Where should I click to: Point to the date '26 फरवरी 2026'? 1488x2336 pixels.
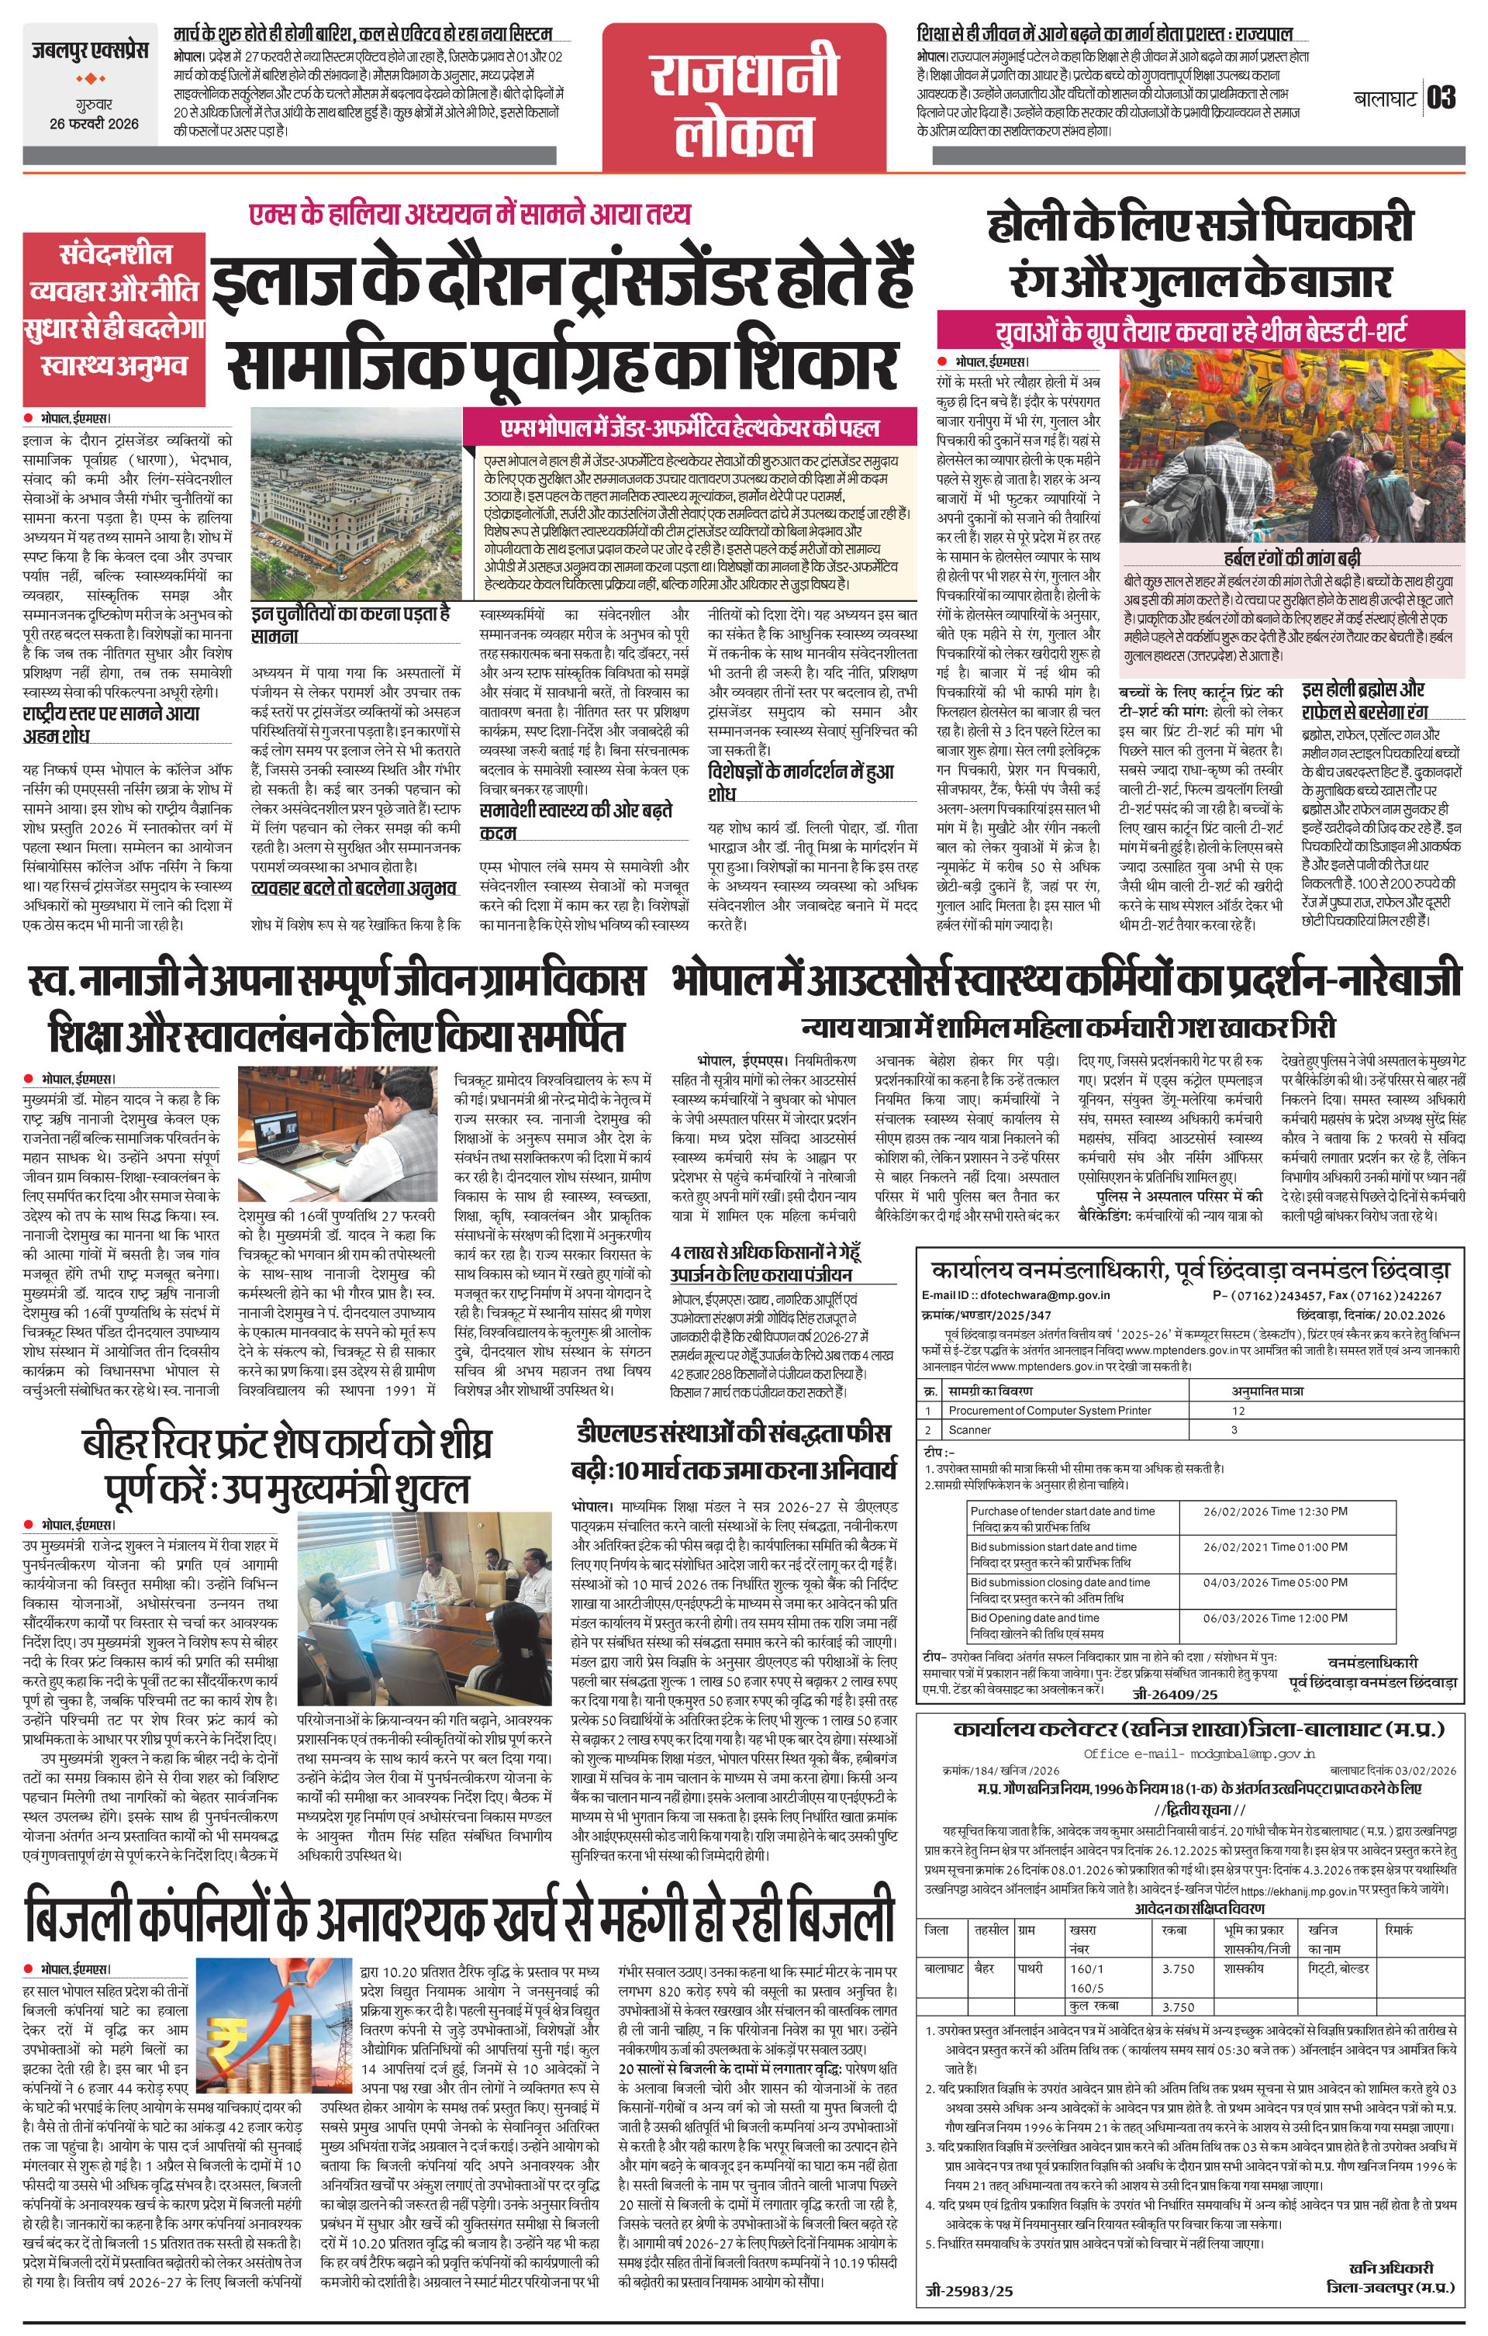pyautogui.click(x=94, y=123)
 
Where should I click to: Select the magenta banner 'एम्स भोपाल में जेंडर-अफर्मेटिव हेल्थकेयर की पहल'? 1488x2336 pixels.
pyautogui.click(x=689, y=428)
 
